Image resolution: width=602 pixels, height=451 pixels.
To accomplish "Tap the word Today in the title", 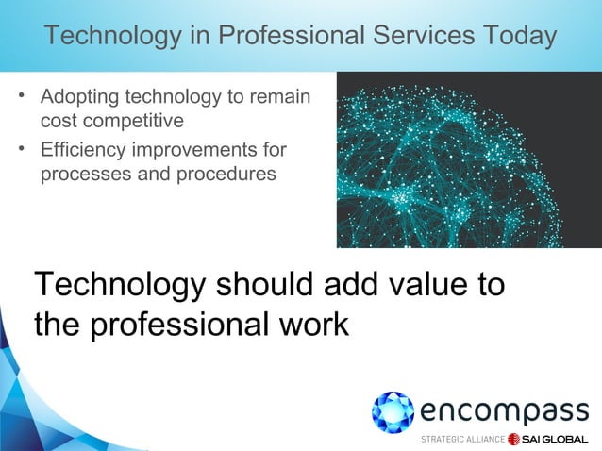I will (515, 36).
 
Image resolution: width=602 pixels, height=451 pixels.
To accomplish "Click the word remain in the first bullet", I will (283, 99).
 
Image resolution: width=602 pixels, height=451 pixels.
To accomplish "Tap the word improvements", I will (189, 151).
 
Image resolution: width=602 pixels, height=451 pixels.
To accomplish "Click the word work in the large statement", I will (311, 324).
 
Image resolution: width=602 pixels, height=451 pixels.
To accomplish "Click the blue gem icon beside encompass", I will (392, 412).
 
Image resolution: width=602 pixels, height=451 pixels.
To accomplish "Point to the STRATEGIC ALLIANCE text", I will (461, 440).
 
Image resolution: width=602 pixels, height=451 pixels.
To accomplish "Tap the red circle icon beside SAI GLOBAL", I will (514, 440).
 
